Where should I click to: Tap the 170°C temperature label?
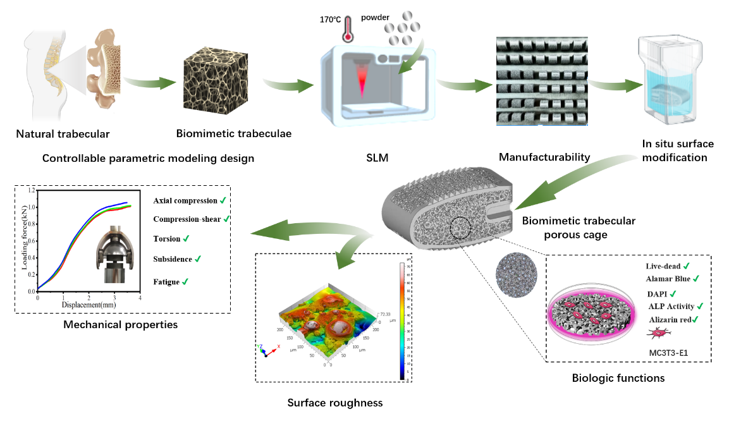click(331, 20)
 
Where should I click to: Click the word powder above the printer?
click(376, 17)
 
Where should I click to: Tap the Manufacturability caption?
click(544, 157)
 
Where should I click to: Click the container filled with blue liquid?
click(670, 83)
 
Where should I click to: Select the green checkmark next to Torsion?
click(186, 239)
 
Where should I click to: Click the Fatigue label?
click(166, 282)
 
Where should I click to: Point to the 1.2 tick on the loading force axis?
click(31, 190)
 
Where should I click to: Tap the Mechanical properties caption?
click(120, 325)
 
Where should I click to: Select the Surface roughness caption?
click(335, 403)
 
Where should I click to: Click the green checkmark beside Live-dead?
click(687, 266)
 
